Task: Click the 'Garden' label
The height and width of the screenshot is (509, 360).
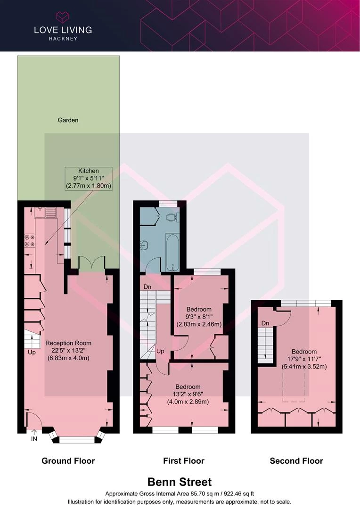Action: [68, 120]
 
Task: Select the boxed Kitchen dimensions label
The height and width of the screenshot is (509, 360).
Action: [89, 179]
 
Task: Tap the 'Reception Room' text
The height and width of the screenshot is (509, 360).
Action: [68, 343]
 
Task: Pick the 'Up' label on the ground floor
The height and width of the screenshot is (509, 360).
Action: [32, 352]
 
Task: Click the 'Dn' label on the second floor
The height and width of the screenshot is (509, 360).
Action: [265, 323]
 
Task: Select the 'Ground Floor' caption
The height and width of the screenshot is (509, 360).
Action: [68, 460]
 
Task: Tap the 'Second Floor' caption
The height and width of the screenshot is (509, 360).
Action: [296, 460]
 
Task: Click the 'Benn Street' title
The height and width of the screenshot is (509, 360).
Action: [180, 482]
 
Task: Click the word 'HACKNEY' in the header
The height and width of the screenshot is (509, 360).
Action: [63, 38]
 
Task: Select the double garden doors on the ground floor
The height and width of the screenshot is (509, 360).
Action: [92, 263]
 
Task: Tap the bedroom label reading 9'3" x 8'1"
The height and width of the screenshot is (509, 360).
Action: [199, 317]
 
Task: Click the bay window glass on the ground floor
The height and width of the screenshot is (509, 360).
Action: [77, 440]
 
